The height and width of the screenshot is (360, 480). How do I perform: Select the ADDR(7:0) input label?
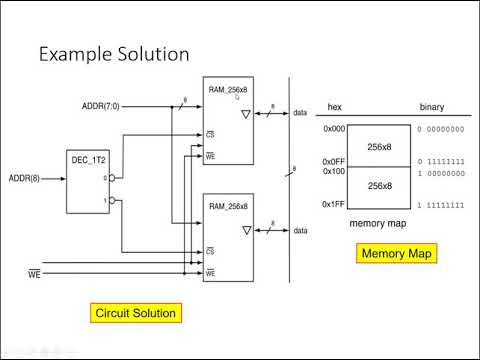pos(102,105)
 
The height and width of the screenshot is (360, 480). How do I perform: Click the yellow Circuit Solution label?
pos(135,313)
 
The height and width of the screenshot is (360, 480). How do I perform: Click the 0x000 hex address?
pos(333,129)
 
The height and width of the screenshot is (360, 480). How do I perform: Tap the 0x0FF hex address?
pos(333,162)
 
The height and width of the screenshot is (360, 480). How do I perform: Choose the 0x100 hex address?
pos(333,172)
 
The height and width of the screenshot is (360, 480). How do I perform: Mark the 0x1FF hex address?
pos(333,205)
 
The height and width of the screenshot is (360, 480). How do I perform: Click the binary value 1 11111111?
pos(440,205)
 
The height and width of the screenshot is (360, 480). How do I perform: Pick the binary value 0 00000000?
pos(440,129)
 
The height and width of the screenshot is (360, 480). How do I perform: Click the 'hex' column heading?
pos(335,107)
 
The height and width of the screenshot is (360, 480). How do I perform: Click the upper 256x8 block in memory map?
pos(378,145)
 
